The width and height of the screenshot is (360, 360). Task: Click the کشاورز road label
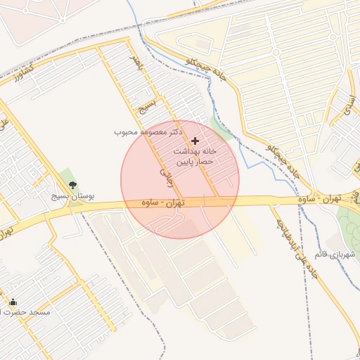point(20,75)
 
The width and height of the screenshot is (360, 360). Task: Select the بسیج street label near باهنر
point(148,106)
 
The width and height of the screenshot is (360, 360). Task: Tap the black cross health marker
point(195,141)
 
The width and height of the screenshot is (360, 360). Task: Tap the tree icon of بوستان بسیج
point(72,185)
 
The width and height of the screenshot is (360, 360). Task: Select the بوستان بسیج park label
point(72,197)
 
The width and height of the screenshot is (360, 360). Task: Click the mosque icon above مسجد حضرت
point(13,302)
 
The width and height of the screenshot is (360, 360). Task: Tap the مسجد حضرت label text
point(25,311)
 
